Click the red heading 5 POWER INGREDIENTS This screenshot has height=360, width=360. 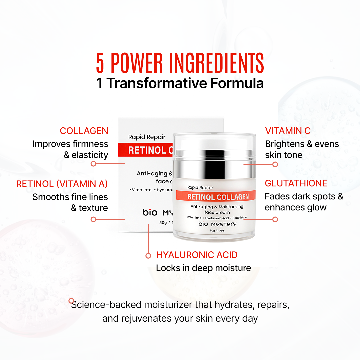click(180, 63)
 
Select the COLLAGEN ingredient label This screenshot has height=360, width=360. click(84, 131)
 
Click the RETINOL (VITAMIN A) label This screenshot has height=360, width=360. click(62, 184)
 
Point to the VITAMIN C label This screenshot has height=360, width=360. click(288, 131)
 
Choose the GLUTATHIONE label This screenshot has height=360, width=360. click(296, 183)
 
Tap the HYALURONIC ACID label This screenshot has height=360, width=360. click(197, 255)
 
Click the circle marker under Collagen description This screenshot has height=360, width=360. click(93, 164)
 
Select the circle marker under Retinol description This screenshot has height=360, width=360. click(93, 219)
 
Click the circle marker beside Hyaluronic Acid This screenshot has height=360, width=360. click(148, 256)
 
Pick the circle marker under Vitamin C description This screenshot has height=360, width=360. click(275, 164)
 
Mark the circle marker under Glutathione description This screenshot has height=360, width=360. click(275, 219)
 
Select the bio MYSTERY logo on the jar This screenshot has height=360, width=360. click(217, 224)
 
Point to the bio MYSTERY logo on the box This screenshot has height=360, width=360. click(157, 212)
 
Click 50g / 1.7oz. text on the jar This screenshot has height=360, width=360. click(217, 231)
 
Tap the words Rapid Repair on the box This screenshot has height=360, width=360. click(142, 137)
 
